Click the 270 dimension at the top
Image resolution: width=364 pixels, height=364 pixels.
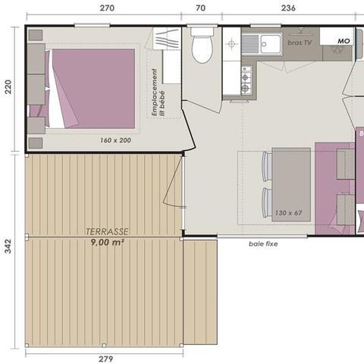click(107, 8)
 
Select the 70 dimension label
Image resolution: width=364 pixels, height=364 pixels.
click(200, 8)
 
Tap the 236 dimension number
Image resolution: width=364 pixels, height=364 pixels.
click(288, 8)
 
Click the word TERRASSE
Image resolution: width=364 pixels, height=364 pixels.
click(106, 232)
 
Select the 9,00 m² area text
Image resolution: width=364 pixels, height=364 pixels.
click(106, 243)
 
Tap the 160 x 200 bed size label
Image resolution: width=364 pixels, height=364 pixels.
click(115, 140)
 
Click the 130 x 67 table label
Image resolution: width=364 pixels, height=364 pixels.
click(289, 212)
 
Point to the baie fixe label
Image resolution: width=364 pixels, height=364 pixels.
click(262, 244)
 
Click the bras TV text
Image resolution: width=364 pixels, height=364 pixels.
click(300, 44)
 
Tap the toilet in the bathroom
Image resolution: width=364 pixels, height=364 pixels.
click(202, 47)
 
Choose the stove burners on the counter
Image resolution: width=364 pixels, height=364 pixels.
click(246, 78)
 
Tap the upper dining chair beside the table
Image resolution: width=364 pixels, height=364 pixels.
click(265, 166)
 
